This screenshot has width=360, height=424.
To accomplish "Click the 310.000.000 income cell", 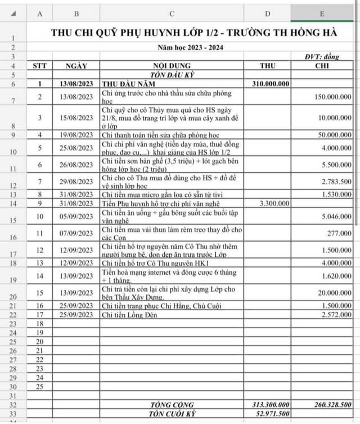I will tap(268, 84).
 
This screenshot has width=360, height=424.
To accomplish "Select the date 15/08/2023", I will tap(76, 118).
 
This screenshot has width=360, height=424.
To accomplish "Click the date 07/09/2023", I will tap(76, 232).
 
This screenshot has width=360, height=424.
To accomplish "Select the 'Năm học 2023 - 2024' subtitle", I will tap(190, 47).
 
